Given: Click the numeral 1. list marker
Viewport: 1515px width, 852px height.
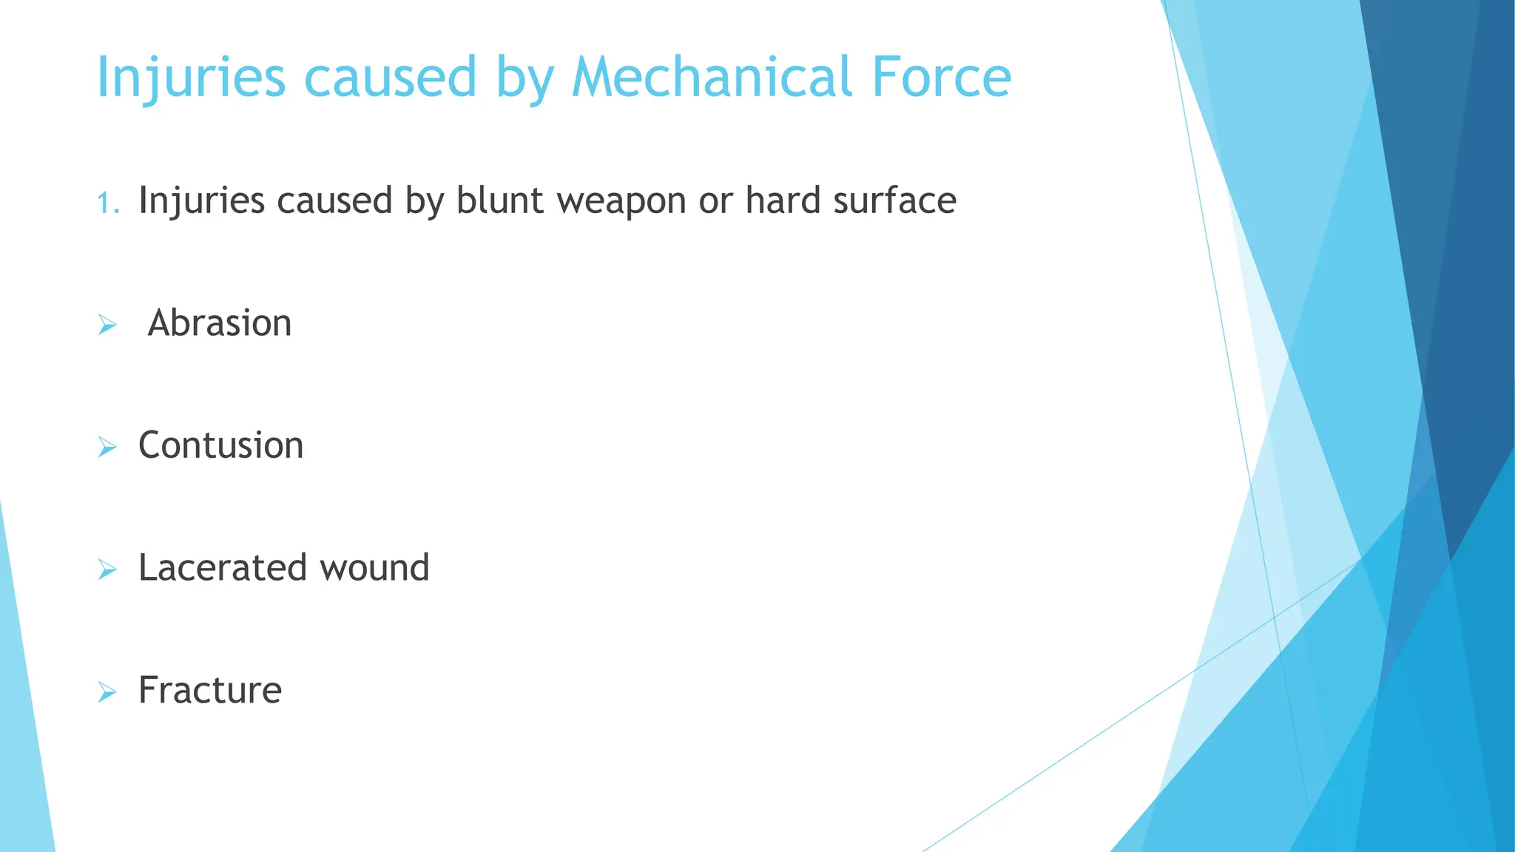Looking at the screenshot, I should pyautogui.click(x=108, y=202).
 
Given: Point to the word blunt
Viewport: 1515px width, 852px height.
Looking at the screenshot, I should pyautogui.click(x=499, y=200).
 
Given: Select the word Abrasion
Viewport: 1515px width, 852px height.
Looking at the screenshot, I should pyautogui.click(x=220, y=323).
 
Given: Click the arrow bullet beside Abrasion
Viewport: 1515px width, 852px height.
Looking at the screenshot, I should pyautogui.click(x=107, y=325).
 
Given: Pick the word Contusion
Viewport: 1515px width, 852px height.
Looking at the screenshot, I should pyautogui.click(x=220, y=445).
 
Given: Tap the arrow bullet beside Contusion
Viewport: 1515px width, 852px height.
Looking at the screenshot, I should pyautogui.click(x=107, y=447).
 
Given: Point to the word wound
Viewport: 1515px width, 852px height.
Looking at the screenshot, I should pyautogui.click(x=374, y=568).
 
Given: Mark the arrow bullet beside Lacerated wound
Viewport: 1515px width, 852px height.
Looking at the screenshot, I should pyautogui.click(x=107, y=569).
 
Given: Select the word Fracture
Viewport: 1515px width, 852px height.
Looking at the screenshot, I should pyautogui.click(x=210, y=690).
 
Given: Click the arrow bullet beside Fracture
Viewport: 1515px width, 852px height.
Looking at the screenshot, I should pyautogui.click(x=107, y=692).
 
